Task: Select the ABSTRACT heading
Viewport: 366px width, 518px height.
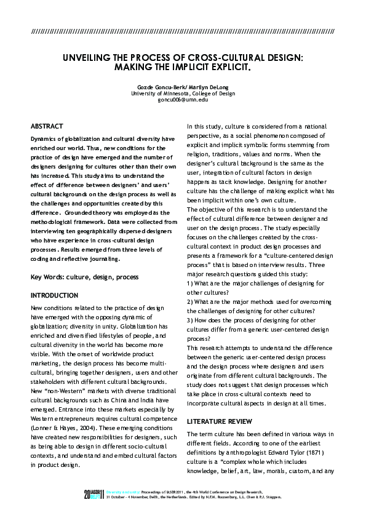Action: click(46, 125)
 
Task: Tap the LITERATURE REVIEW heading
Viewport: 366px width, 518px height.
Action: click(220, 421)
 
